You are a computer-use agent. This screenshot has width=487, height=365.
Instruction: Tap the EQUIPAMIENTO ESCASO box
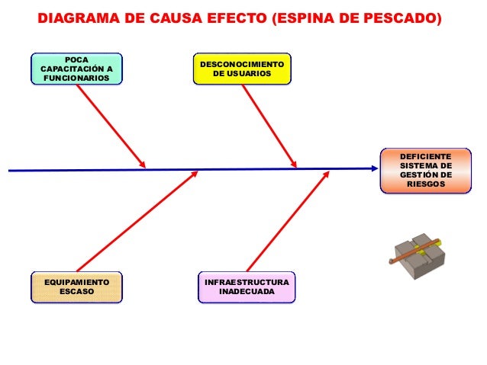pos(76,287)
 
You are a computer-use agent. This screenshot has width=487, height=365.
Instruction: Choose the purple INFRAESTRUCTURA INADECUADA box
pos(246,287)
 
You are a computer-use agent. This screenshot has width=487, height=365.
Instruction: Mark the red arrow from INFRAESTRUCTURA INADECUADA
pos(287,221)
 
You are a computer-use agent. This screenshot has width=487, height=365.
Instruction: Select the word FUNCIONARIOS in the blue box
pos(76,79)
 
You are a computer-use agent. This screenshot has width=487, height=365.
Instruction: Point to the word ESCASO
pos(76,292)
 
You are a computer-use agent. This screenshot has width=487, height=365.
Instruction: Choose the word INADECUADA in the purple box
pos(246,292)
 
